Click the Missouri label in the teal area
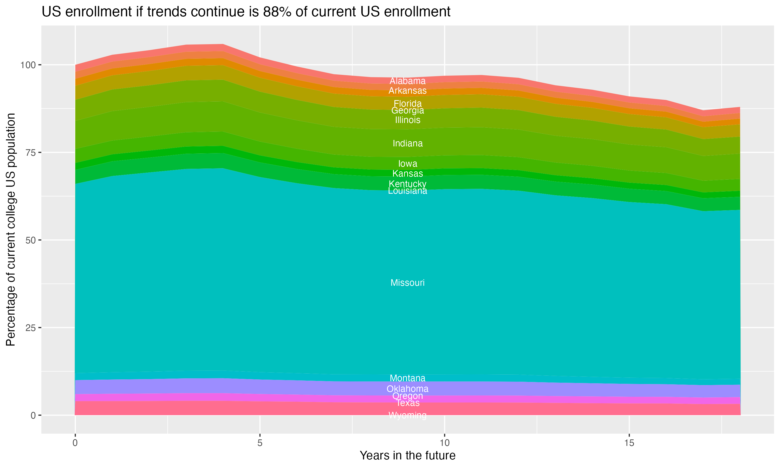(x=407, y=283)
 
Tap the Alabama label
(x=407, y=81)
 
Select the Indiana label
(x=407, y=144)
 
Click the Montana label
(x=407, y=378)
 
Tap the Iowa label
(x=407, y=164)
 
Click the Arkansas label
(x=407, y=91)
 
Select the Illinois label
(x=407, y=120)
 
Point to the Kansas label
(x=407, y=173)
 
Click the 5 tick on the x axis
(x=260, y=443)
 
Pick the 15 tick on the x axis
(x=629, y=443)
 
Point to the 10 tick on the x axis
(x=444, y=443)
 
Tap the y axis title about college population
(x=11, y=230)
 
